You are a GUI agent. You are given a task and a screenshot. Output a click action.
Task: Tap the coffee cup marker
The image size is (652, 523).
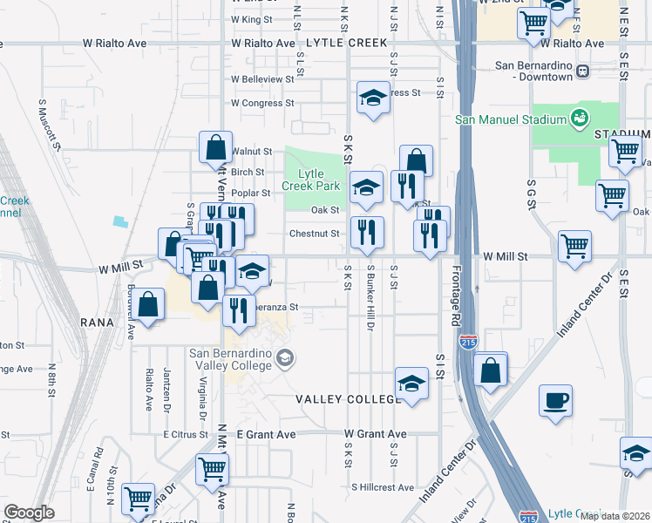555,401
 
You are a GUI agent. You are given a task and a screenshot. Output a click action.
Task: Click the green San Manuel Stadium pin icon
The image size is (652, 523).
577,117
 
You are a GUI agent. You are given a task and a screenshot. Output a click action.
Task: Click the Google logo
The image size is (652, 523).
29,513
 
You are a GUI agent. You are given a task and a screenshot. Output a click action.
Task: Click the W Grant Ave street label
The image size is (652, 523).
376,433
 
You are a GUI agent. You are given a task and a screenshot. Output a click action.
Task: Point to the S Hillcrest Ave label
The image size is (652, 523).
381,486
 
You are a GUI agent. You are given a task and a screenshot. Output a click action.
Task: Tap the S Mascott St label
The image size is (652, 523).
50,124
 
